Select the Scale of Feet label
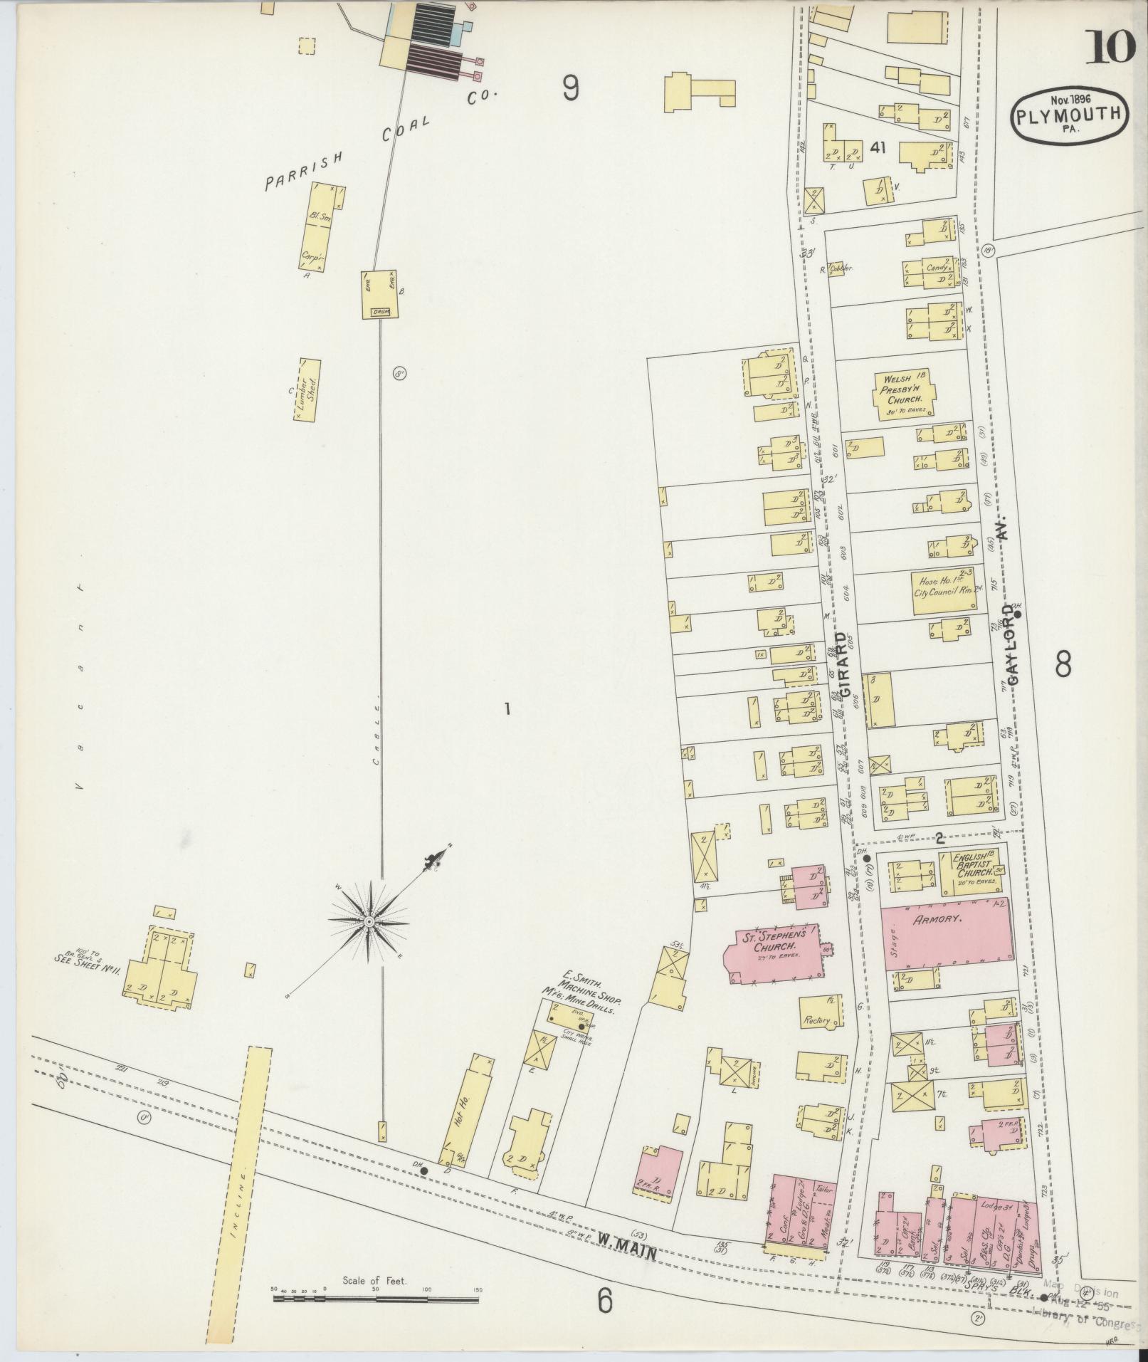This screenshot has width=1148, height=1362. tap(374, 1280)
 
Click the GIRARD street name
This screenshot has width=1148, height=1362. tap(844, 665)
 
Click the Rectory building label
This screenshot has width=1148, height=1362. tap(817, 1021)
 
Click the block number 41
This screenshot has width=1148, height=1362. tap(877, 147)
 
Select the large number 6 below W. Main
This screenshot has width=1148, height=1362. tap(604, 1301)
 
